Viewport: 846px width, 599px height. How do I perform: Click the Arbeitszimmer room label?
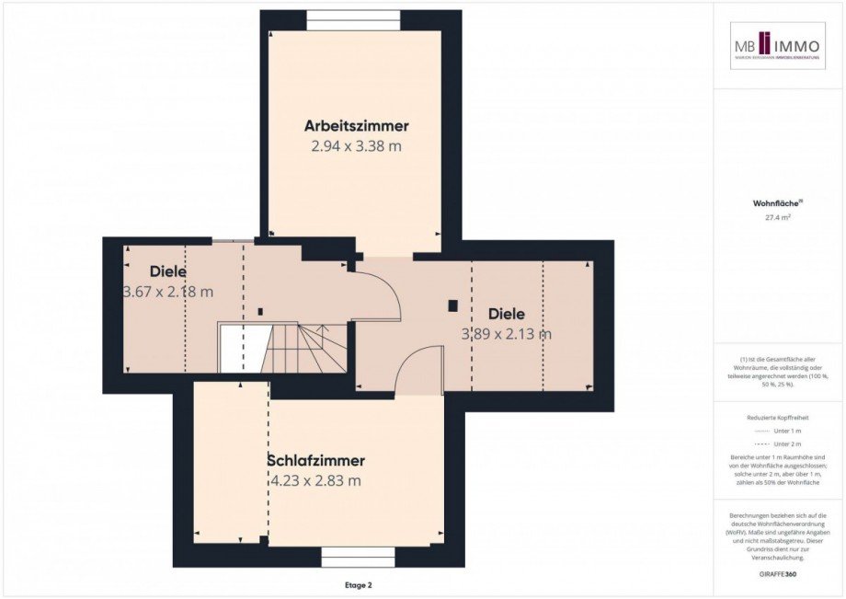coord(356,126)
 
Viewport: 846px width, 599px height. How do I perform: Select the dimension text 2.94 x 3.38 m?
coord(356,145)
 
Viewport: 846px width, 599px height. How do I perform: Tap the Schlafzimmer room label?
coord(315,461)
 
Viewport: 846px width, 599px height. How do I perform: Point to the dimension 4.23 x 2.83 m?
coord(315,480)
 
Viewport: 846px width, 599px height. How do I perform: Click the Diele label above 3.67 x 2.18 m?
coord(168,272)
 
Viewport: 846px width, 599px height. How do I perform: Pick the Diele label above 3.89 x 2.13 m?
coord(507,314)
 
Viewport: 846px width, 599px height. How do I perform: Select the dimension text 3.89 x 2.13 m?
coord(507,334)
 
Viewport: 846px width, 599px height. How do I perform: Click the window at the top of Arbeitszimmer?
coord(353,19)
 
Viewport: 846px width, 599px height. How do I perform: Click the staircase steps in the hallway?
coord(308,348)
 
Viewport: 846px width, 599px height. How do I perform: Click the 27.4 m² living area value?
coord(778,218)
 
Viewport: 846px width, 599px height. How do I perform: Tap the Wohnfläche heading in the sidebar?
coord(778,203)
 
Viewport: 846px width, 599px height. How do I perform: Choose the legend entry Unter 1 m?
coord(778,431)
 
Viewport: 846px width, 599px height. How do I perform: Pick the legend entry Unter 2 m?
coord(778,443)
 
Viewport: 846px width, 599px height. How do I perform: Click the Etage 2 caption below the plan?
coord(357,584)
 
